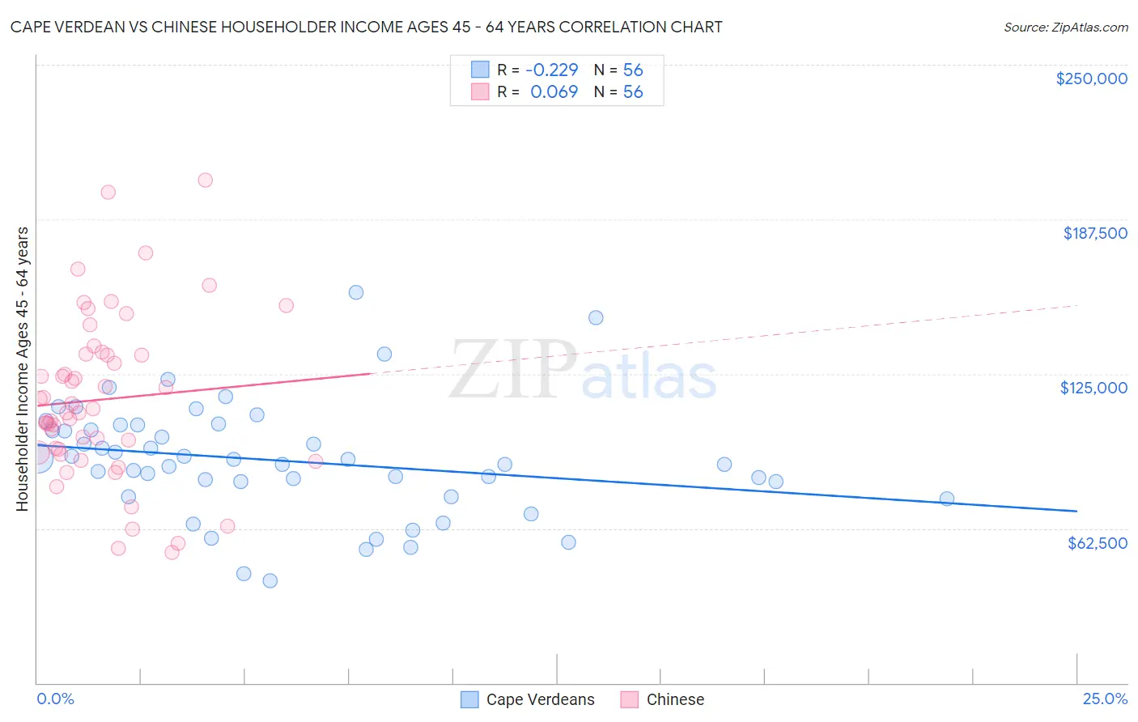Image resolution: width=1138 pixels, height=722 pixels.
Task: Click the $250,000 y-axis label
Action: (1091, 79)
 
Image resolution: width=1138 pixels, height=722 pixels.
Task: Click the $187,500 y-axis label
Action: (1094, 233)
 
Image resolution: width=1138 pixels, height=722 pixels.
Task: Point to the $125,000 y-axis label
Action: (1093, 388)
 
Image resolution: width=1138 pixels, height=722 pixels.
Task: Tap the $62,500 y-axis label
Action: (1097, 543)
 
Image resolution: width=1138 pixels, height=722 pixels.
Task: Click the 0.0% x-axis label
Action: (55, 699)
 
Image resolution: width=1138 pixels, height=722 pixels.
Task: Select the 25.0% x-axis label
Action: (1105, 699)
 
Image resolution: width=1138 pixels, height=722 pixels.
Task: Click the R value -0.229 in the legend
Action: (552, 70)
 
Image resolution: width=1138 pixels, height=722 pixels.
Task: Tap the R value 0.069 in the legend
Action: (554, 92)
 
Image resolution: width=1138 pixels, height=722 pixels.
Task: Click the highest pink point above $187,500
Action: (206, 180)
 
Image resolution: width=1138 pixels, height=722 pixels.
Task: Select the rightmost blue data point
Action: (947, 499)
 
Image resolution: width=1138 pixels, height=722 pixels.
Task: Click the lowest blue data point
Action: (270, 580)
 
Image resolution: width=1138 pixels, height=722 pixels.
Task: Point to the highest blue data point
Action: (356, 292)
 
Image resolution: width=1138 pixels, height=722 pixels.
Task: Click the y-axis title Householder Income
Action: (22, 369)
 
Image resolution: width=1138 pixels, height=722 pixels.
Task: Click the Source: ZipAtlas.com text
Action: (1065, 28)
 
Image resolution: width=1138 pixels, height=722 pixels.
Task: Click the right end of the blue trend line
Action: (1076, 511)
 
